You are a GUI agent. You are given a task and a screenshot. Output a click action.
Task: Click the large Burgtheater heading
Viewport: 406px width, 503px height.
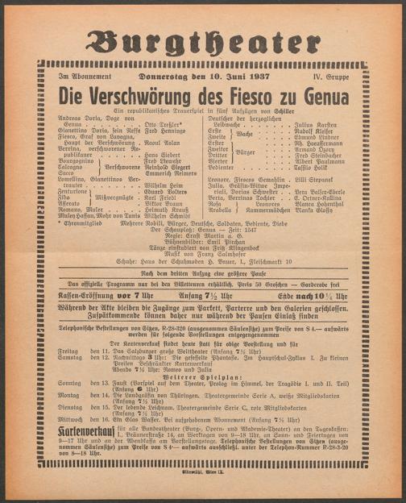tap(203, 41)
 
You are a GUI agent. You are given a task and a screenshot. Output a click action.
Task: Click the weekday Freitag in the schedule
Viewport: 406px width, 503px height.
tap(68, 352)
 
